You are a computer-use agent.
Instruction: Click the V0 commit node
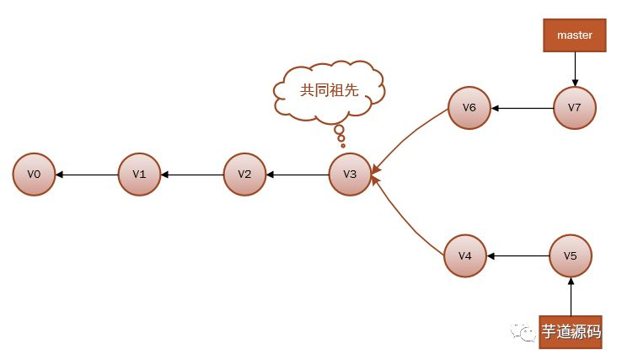coord(34,175)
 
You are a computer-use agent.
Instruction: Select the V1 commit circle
coord(139,175)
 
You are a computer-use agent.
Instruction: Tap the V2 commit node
coord(245,175)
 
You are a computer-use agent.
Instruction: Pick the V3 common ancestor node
coord(351,175)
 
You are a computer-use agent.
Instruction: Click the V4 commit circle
coord(465,255)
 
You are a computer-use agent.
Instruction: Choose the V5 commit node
coord(571,255)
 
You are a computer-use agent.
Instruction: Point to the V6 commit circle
coord(469,108)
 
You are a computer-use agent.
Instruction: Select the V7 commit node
coord(575,108)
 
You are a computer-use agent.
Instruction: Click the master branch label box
coord(575,35)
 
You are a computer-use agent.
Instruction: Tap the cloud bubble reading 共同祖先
coord(330,90)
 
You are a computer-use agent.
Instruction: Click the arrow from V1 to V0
coord(86,175)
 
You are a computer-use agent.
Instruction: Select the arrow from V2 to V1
coord(192,175)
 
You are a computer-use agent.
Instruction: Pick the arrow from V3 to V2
coord(298,175)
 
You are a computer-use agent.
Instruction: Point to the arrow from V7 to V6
coord(523,108)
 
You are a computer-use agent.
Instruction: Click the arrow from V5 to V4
coord(517,255)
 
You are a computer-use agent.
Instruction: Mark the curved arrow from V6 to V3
coord(410,133)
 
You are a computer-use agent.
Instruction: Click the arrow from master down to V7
coord(575,69)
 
